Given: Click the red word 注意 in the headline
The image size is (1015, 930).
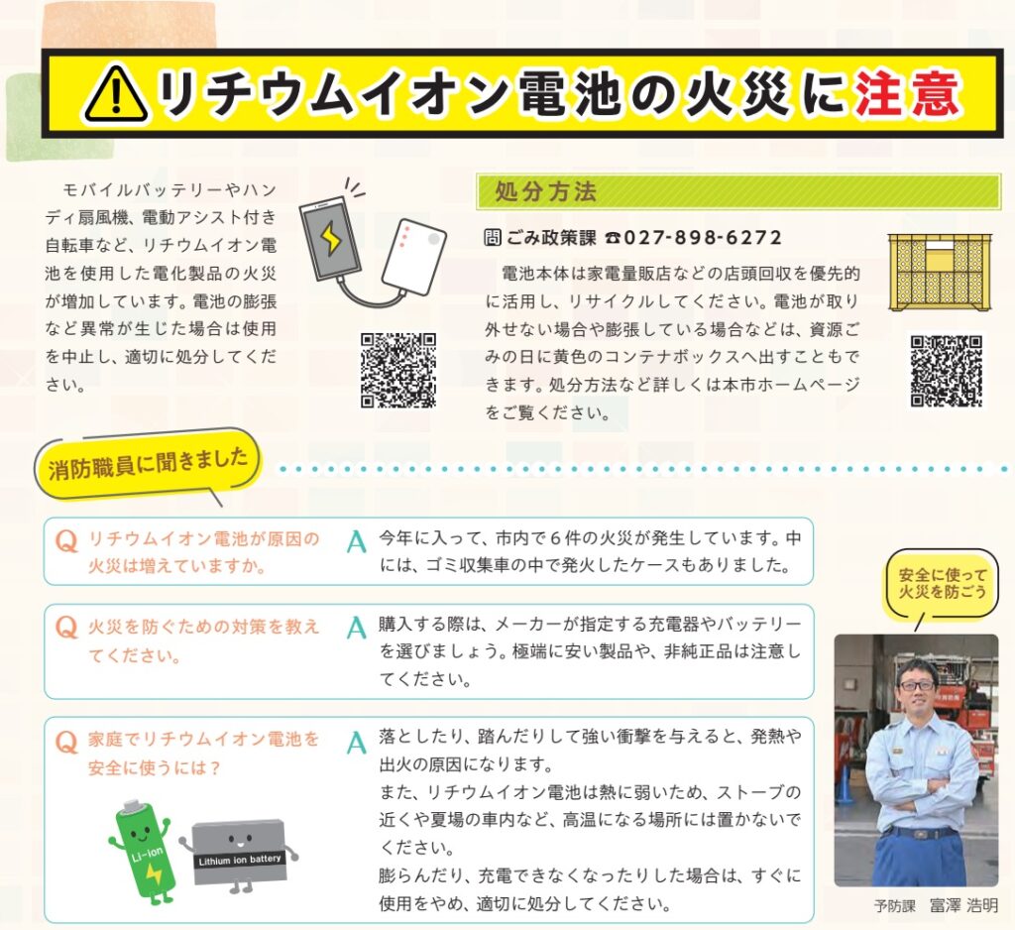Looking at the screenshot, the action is point(908,94).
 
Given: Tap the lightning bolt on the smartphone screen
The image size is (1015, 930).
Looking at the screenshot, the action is point(331,238).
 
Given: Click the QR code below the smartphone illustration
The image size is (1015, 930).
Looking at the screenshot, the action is point(398,371).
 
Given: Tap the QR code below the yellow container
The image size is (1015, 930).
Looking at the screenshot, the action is point(947,371).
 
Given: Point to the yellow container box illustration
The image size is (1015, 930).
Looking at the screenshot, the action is point(940,272).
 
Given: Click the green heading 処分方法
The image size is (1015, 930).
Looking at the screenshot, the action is point(545,191).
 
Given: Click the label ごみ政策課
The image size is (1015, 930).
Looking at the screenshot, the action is point(551,238).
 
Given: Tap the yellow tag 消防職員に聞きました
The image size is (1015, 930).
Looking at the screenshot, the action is point(148,462).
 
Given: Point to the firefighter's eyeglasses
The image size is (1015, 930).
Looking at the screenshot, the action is point(917,685).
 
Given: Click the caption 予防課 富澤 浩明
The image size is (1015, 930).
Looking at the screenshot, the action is point(936,905).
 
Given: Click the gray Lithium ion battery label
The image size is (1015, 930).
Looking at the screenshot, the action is point(240,860).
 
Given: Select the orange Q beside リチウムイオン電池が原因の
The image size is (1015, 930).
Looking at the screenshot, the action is point(66,540).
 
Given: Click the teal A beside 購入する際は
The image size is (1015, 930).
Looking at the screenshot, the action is point(356,628).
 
